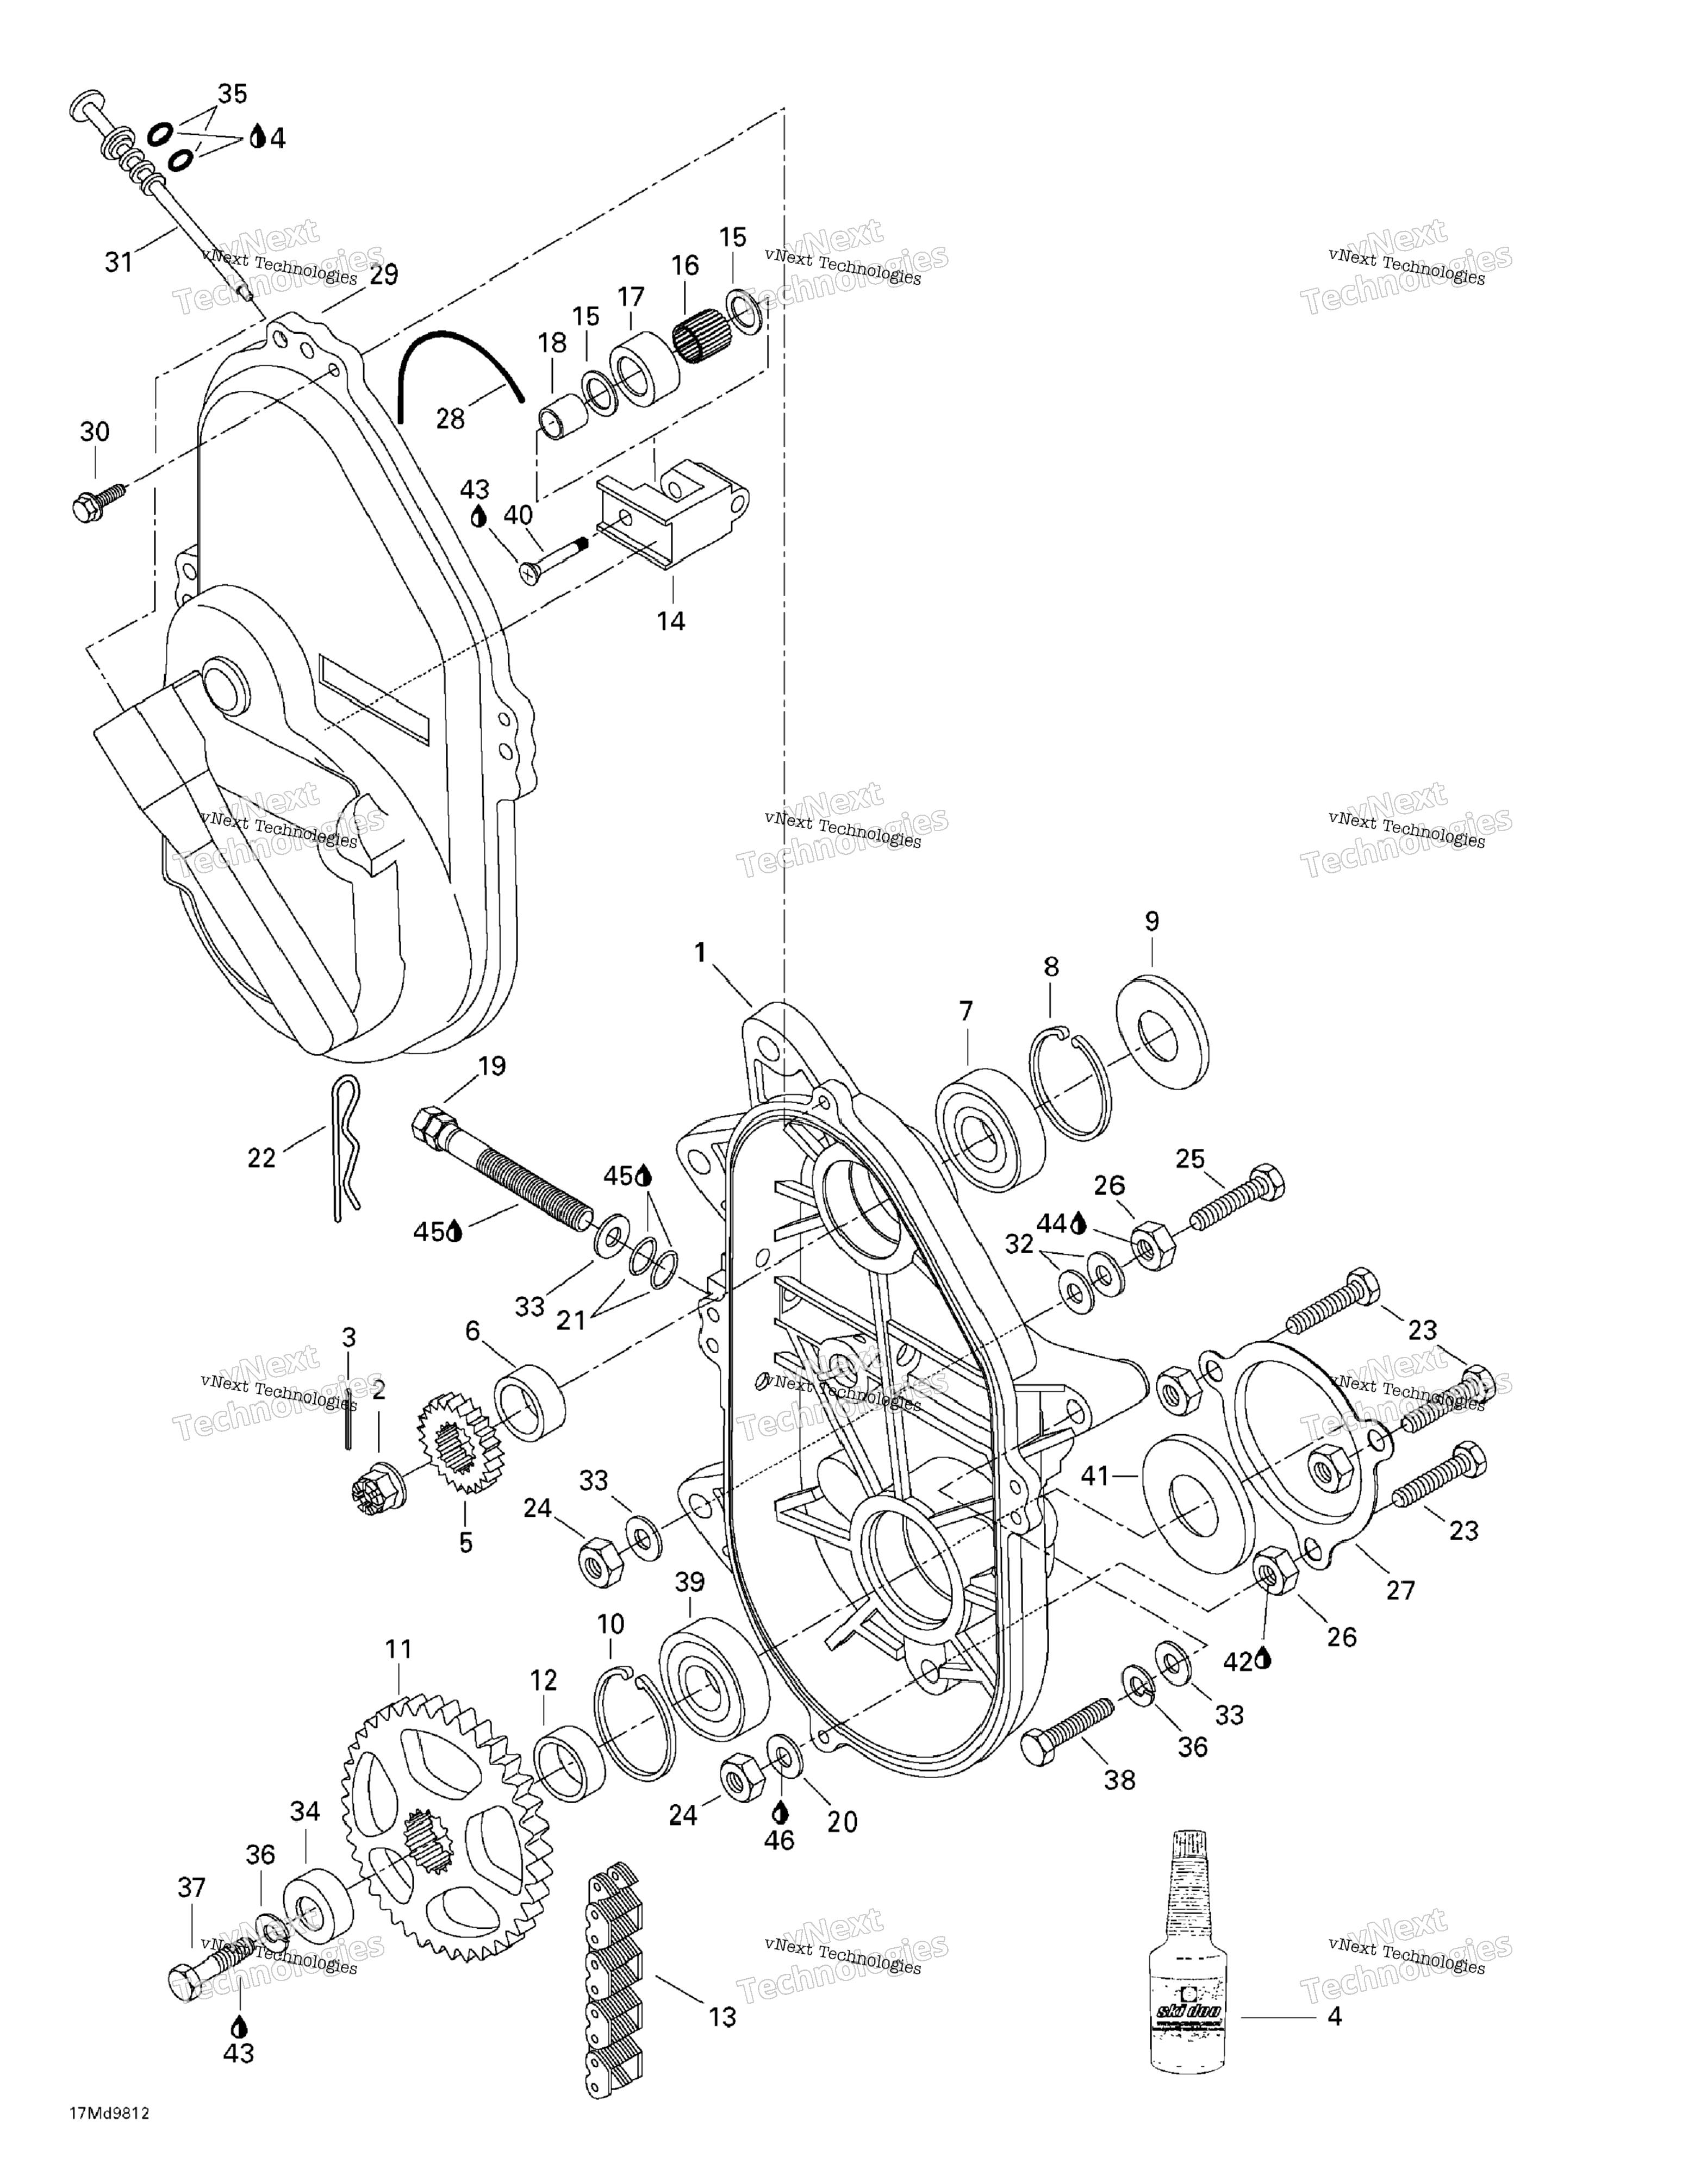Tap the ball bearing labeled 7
[989, 1129]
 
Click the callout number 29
[384, 275]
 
